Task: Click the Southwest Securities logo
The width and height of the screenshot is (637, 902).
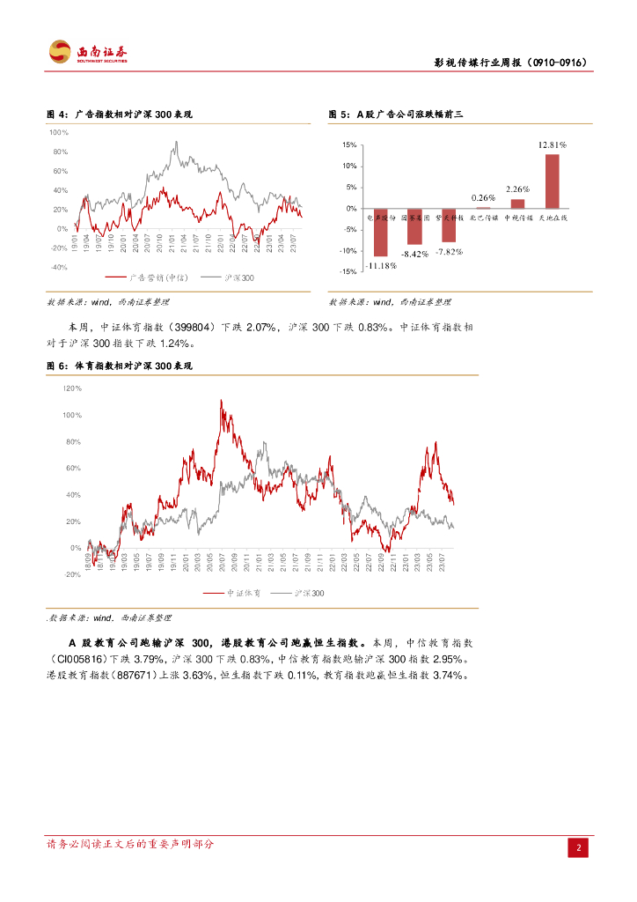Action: [88, 52]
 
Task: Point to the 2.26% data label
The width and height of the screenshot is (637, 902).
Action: [518, 189]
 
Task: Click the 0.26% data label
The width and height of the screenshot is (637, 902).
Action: [483, 197]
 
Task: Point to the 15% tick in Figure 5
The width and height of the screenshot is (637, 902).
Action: [348, 145]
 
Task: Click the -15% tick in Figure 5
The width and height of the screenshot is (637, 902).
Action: [348, 272]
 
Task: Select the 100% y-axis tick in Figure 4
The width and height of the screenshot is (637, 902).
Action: [59, 132]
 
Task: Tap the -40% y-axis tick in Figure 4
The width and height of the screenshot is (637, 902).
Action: [59, 267]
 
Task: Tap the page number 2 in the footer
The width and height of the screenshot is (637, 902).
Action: [579, 848]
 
